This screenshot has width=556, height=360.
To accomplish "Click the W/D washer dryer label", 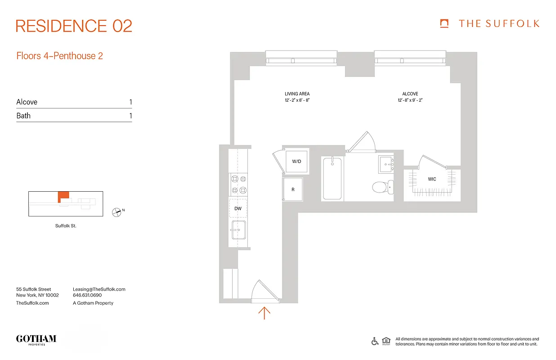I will coord(296,161).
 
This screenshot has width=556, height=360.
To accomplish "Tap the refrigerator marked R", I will coord(293,189).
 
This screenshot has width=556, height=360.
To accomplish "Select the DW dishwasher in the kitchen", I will coord(238,208).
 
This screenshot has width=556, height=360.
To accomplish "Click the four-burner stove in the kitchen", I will coord(238,184).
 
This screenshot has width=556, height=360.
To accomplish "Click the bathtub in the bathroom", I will coord(332,178).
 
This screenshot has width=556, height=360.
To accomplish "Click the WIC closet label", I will coord(432,179).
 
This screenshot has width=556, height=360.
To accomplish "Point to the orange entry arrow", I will coord(264,313).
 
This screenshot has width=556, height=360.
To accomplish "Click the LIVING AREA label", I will coord(297,94).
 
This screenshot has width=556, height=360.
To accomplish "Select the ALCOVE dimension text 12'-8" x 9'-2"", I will coord(410,100).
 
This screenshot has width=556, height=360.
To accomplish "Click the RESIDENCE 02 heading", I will coord(74,26).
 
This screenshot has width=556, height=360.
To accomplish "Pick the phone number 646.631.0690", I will coord(87,296).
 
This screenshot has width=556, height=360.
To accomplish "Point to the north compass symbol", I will coord(117,212).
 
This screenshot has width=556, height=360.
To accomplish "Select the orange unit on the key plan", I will coord(63,196).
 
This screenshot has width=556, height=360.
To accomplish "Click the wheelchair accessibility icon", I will coord(375,341).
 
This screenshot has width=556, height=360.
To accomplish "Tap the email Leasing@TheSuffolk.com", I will coord(99,289).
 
